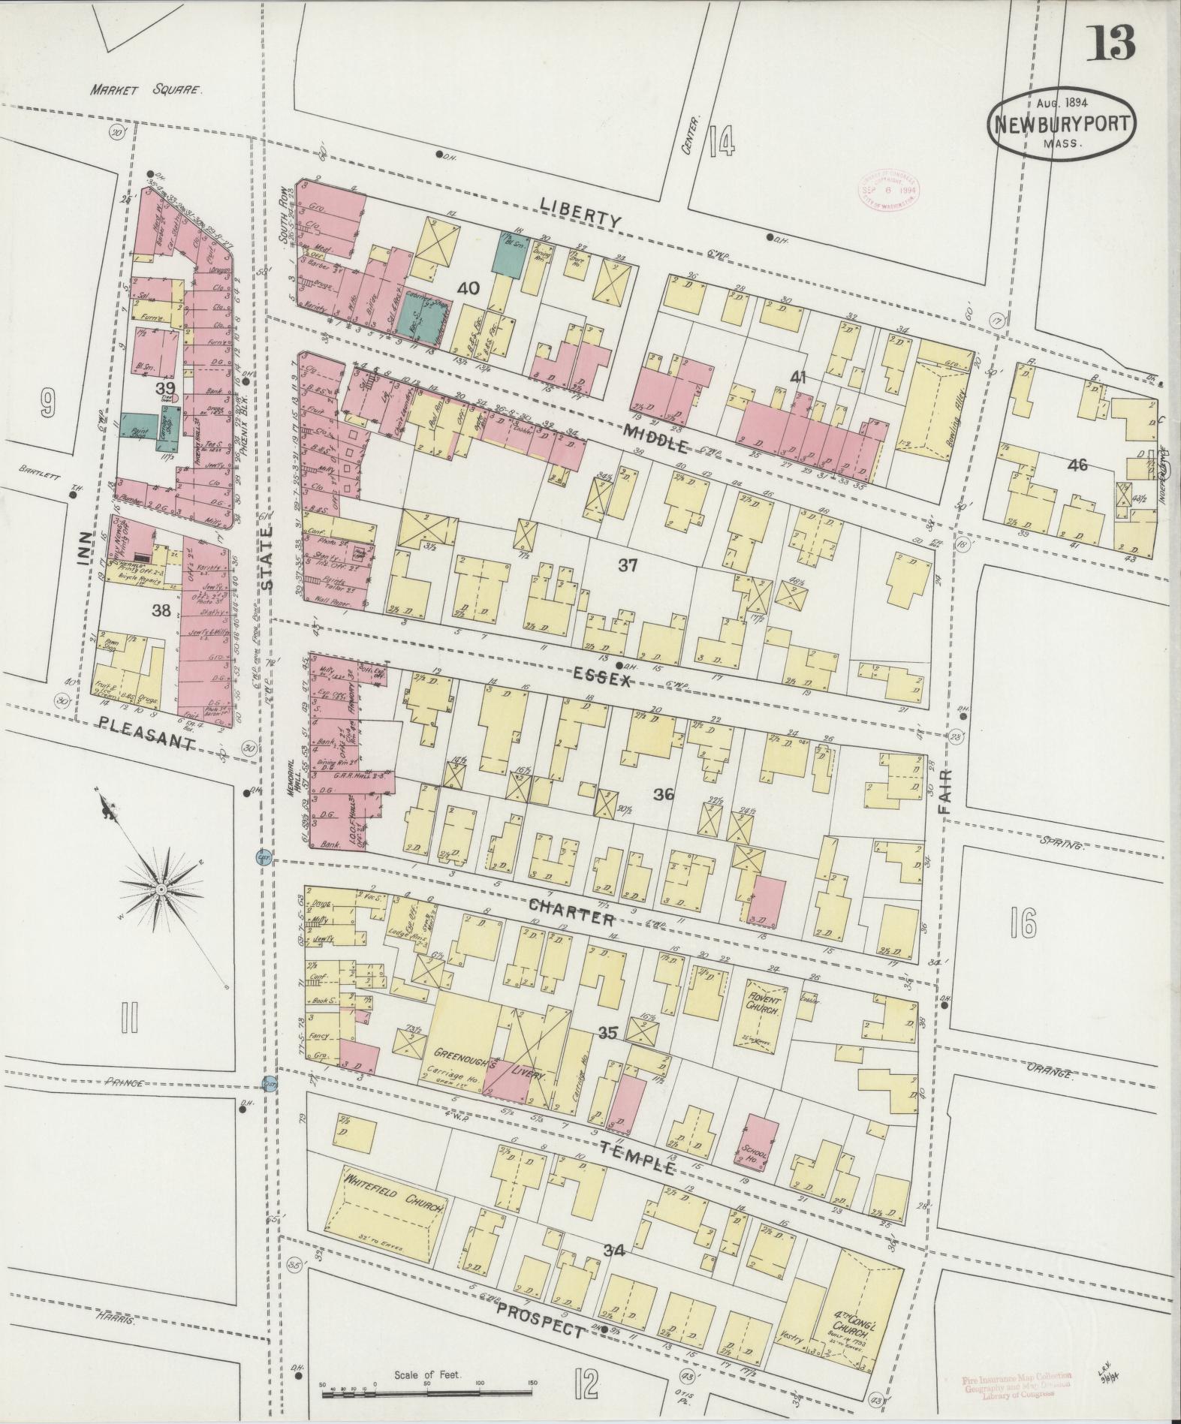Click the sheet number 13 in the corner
click(1110, 42)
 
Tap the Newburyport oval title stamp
click(1062, 124)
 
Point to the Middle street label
click(655, 440)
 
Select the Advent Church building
click(765, 1012)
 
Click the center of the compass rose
click(160, 889)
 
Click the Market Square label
click(146, 90)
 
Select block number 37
click(628, 565)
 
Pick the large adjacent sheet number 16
click(1023, 921)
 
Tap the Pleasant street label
click(146, 733)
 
